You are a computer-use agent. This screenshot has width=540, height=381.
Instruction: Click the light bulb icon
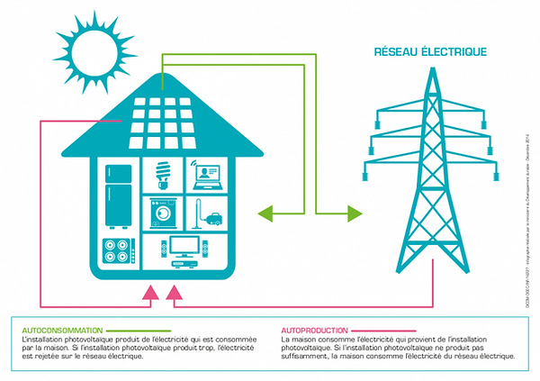[x=163, y=173]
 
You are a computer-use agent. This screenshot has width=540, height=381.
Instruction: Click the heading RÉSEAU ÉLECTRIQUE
[x=430, y=51]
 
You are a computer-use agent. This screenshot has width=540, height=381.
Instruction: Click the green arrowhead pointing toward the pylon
[x=354, y=213]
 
